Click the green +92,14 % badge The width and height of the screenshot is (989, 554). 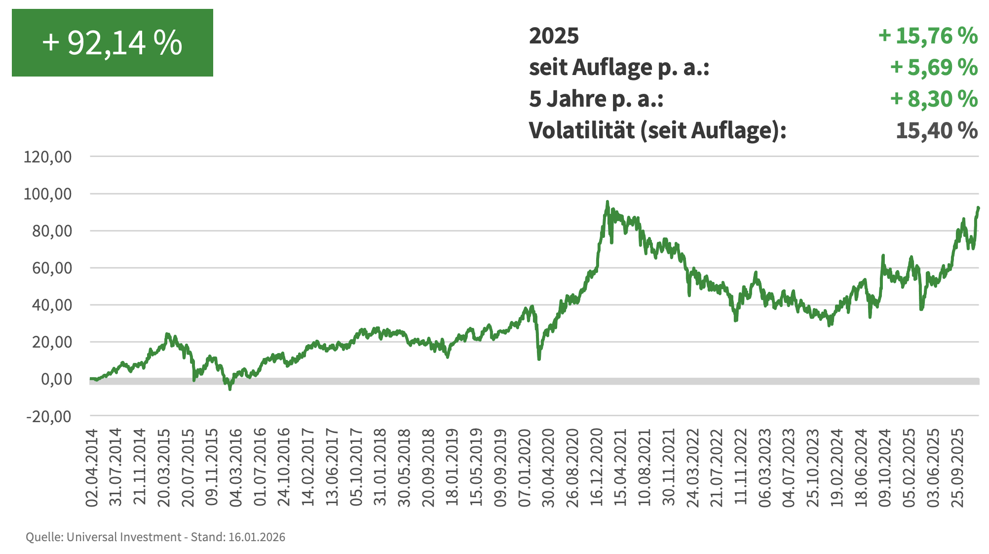tap(113, 42)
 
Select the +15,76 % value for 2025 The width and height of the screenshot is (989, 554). tap(928, 36)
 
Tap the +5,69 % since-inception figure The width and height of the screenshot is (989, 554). tap(934, 68)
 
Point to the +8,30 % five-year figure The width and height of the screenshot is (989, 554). tap(934, 99)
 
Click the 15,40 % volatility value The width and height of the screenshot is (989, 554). tap(936, 131)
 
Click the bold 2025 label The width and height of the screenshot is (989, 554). tap(554, 36)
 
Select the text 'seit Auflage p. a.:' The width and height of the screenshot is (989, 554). tap(619, 68)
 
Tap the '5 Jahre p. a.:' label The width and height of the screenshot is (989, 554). tap(596, 99)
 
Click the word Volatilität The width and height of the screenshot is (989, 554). tap(582, 131)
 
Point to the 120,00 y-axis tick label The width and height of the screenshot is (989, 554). tap(48, 157)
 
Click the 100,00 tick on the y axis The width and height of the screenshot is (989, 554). tap(48, 194)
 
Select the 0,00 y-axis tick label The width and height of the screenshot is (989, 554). tap(56, 379)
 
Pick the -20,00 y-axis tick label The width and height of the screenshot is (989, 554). tap(49, 416)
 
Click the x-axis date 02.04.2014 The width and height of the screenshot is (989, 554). tap(92, 468)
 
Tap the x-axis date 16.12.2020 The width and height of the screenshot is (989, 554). tap(597, 468)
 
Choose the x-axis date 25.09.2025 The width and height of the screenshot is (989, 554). tap(957, 468)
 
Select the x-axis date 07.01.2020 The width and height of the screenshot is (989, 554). tap(525, 468)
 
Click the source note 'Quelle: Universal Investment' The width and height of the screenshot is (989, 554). tap(104, 537)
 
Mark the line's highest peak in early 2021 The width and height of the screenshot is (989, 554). tap(608, 201)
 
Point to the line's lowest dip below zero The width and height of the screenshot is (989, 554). tap(230, 389)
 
